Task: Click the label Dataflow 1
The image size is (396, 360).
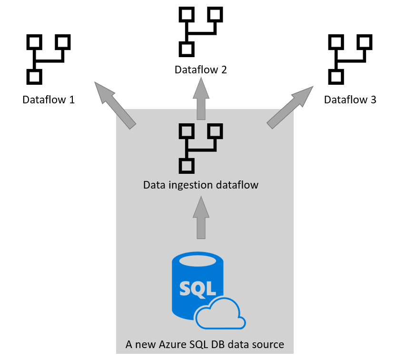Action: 49,100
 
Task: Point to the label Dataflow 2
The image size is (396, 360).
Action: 200,70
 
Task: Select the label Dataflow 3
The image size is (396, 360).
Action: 350,100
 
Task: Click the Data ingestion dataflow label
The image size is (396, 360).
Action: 200,184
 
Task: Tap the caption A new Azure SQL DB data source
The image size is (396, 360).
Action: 205,344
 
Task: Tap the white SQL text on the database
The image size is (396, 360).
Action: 196,287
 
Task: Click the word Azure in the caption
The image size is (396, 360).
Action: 168,344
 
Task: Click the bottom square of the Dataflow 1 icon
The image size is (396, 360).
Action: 33,76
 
